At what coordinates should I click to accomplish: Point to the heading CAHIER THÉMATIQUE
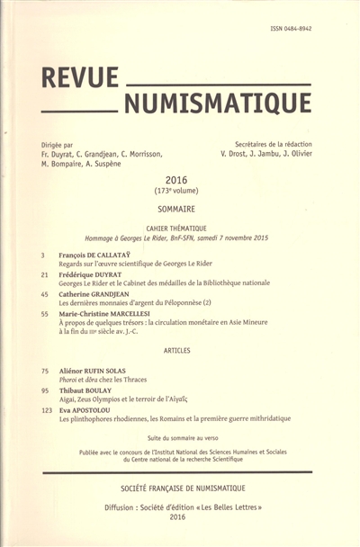tap(180, 229)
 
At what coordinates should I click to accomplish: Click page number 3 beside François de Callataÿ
tap(43, 255)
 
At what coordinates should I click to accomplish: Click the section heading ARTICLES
tap(180, 349)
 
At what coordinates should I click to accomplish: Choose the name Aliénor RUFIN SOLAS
tap(98, 370)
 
